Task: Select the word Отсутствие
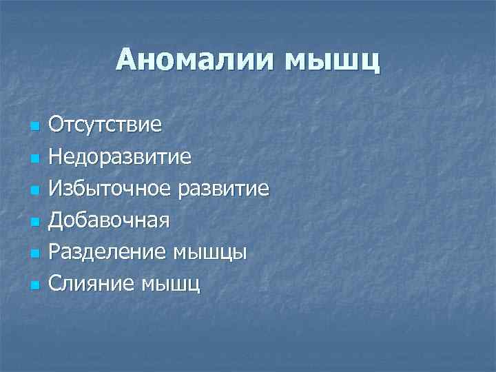105,125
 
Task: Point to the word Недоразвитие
120,157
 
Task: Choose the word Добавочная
109,220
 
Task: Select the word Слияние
92,283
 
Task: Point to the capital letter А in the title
127,59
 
